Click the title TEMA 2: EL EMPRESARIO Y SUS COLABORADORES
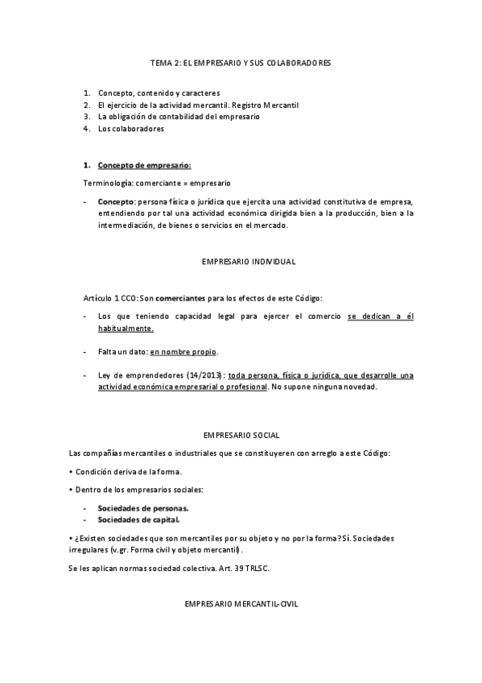(x=241, y=62)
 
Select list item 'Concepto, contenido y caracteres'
(x=159, y=93)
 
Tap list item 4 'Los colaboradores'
(x=130, y=129)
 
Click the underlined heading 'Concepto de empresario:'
(x=144, y=165)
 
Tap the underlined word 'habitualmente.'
(x=126, y=329)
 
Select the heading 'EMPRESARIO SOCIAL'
(x=241, y=435)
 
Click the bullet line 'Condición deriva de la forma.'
(x=129, y=471)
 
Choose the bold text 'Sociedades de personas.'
(x=143, y=508)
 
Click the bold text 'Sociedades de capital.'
(x=138, y=519)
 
